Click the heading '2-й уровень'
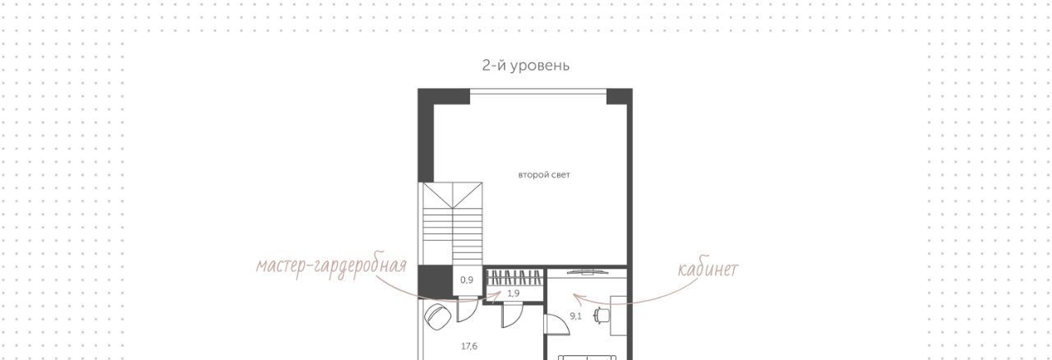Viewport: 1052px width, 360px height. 525,65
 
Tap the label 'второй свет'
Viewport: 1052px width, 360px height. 544,175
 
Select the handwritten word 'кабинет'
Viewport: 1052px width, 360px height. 708,270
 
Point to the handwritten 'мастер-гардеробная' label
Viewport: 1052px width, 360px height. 331,266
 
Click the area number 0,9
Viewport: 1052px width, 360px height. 466,280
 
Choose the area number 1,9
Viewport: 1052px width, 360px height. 514,293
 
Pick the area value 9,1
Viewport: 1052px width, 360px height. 576,316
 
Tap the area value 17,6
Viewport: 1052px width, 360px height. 469,346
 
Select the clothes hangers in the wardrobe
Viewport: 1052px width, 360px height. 515,277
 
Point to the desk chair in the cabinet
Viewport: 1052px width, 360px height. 601,315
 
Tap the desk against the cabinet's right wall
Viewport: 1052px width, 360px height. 619,316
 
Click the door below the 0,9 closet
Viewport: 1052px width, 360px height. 468,309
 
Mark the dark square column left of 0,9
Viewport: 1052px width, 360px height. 436,282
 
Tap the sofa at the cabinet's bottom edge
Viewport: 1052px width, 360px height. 587,358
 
